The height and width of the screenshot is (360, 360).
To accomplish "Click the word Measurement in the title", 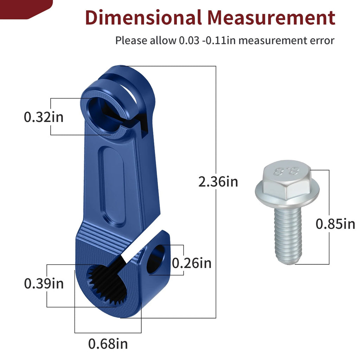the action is tap(271, 18).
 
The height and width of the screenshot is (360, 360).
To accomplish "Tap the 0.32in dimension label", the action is tap(44, 117).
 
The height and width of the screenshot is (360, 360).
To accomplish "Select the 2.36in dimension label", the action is tap(218, 182).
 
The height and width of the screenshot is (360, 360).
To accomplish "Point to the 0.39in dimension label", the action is tap(44, 284).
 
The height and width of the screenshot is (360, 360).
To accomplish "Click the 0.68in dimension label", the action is tap(108, 344).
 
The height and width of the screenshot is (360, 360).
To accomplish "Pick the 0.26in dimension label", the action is tap(192, 263).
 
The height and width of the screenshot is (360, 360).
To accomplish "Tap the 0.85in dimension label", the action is tap(335, 224).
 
